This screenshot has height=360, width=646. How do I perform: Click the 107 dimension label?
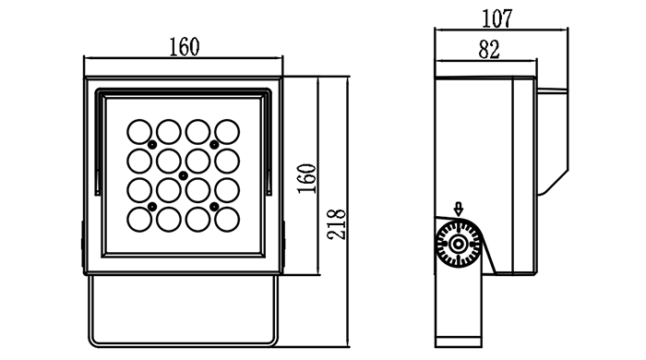pyautogui.click(x=496, y=19)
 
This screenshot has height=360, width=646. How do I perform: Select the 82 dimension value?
pyautogui.click(x=489, y=50)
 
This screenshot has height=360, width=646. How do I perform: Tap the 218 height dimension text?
pyautogui.click(x=337, y=224)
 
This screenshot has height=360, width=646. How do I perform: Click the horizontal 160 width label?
pyautogui.click(x=185, y=47)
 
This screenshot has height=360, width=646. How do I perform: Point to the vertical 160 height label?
pyautogui.click(x=307, y=179)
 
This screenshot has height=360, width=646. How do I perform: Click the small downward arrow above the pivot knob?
pyautogui.click(x=458, y=209)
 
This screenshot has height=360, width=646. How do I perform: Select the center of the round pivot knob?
pyautogui.click(x=458, y=245)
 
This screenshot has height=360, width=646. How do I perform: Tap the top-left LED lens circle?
pyautogui.click(x=139, y=132)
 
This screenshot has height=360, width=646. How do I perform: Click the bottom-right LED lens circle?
pyautogui.click(x=227, y=220)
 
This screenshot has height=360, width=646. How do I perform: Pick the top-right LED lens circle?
pyautogui.click(x=227, y=132)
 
